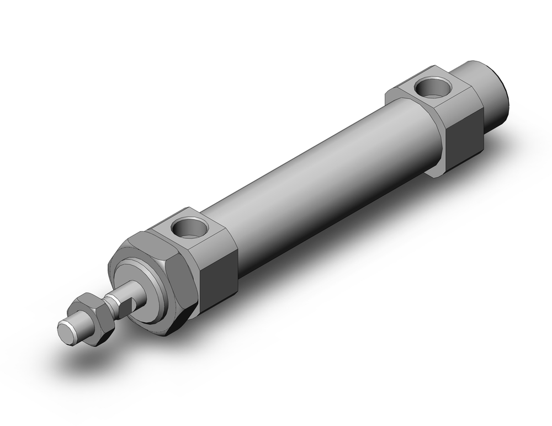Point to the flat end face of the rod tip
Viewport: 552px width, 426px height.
click(x=66, y=332)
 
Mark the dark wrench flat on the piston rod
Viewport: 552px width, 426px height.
click(x=129, y=302)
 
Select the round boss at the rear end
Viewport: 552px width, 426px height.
click(x=486, y=94)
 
